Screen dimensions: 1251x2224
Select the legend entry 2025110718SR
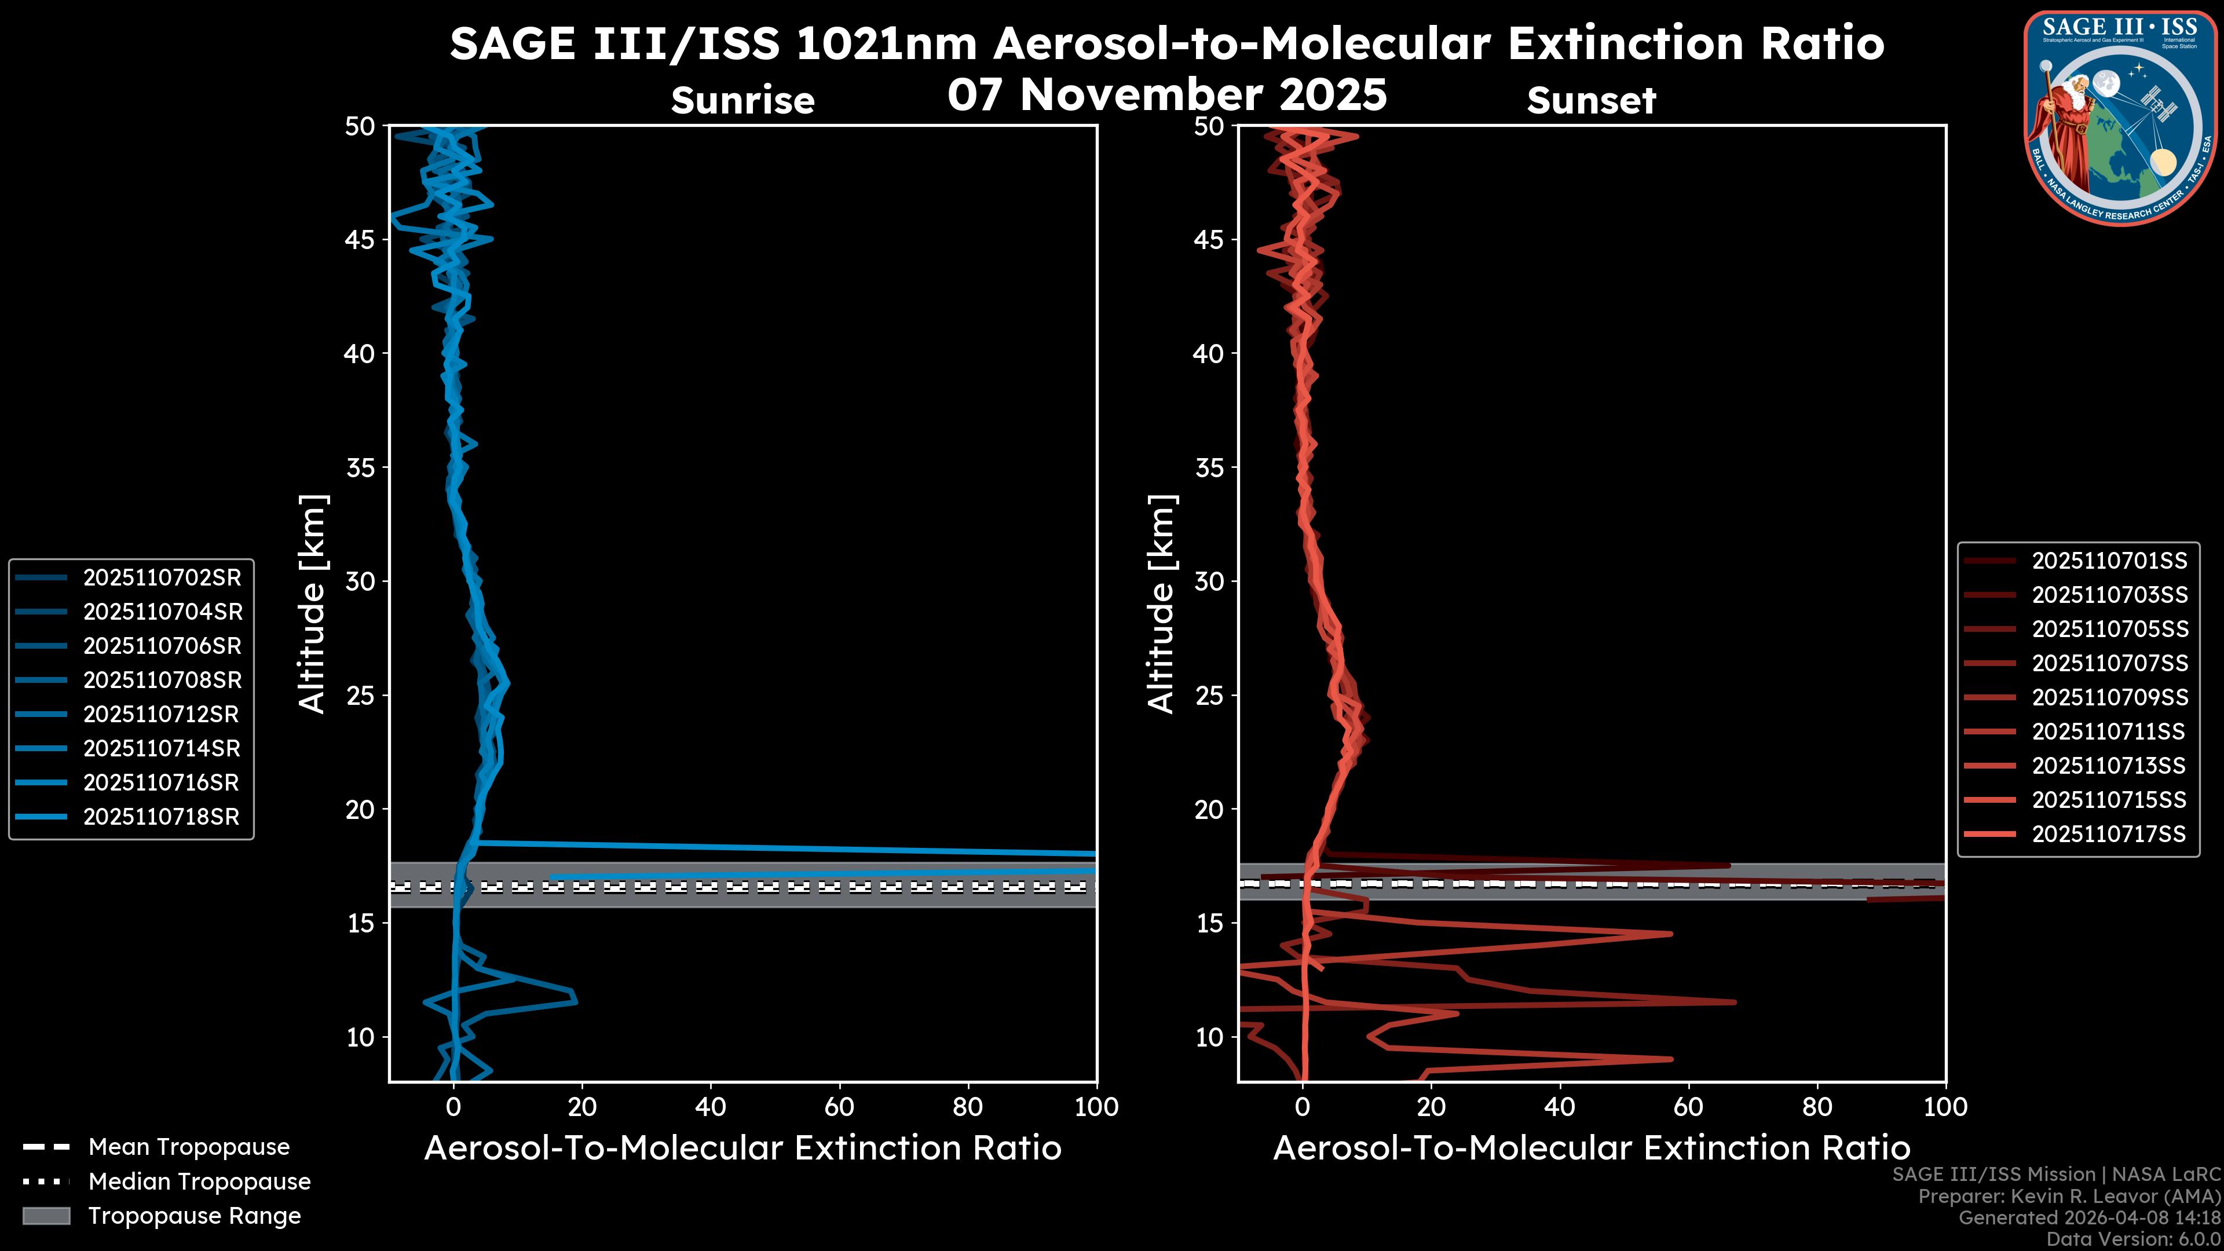160,817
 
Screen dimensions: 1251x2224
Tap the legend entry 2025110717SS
2108,834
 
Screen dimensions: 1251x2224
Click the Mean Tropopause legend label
189,1147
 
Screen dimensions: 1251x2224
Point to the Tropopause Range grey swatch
46,1216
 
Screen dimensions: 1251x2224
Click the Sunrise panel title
742,101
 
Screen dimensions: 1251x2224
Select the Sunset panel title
1591,101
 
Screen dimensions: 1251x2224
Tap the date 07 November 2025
1167,95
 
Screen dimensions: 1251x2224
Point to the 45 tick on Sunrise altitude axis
361,239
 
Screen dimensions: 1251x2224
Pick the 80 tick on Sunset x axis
1817,1107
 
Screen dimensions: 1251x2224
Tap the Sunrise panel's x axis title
742,1148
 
